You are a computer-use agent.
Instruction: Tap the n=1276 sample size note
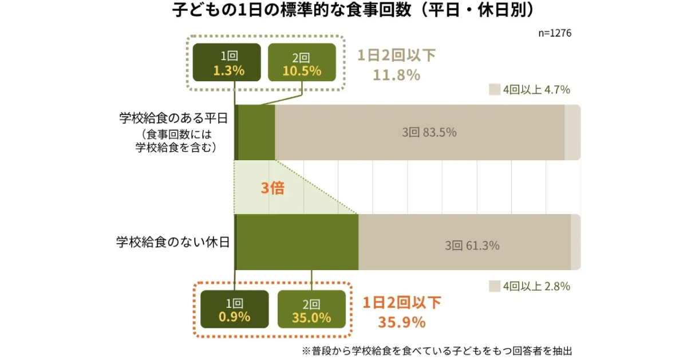tap(554, 33)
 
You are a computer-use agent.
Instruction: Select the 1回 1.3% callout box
tap(228, 63)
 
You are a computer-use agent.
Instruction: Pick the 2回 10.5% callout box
tap(302, 63)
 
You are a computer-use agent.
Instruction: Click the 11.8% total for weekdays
tap(397, 75)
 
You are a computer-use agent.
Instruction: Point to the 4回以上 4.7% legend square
tap(495, 89)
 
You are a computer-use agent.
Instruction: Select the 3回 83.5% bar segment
tap(420, 132)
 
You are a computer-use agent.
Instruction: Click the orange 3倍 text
tap(273, 188)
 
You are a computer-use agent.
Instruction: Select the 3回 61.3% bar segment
tap(464, 246)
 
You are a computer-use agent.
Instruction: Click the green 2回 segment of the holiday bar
tap(298, 242)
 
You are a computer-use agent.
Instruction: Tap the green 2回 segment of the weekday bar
tap(256, 132)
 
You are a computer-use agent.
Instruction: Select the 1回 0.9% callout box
tap(234, 310)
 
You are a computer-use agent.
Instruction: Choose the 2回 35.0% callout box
tap(311, 310)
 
